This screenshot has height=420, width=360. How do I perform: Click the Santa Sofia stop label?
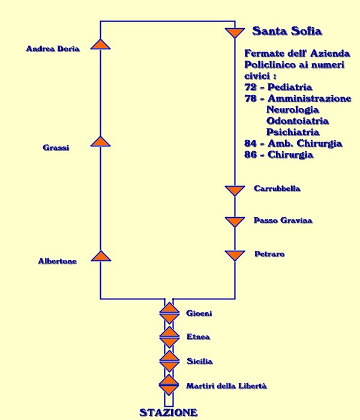point(288,31)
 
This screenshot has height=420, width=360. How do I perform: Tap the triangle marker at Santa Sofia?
point(233,32)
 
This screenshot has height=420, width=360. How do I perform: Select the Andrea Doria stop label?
point(53,49)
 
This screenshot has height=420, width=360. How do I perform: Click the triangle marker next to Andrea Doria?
point(101,44)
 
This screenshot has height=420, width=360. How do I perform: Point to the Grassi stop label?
point(56,148)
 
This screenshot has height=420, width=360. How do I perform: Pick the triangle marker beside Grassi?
point(101,142)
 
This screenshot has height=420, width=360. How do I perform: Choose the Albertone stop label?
point(57,261)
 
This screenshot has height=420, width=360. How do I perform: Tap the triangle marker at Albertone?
point(101,256)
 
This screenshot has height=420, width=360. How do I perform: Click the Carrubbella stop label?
point(277,189)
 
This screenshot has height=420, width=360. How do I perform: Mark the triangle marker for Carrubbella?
point(234,190)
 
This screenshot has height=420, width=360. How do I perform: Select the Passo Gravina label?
point(283,221)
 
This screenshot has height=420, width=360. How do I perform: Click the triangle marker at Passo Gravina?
point(234,221)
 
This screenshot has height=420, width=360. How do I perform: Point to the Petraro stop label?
point(269,254)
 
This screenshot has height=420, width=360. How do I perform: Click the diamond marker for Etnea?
point(169,337)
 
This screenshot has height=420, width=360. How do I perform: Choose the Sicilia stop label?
point(199,361)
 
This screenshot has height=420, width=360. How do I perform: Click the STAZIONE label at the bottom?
point(169,413)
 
